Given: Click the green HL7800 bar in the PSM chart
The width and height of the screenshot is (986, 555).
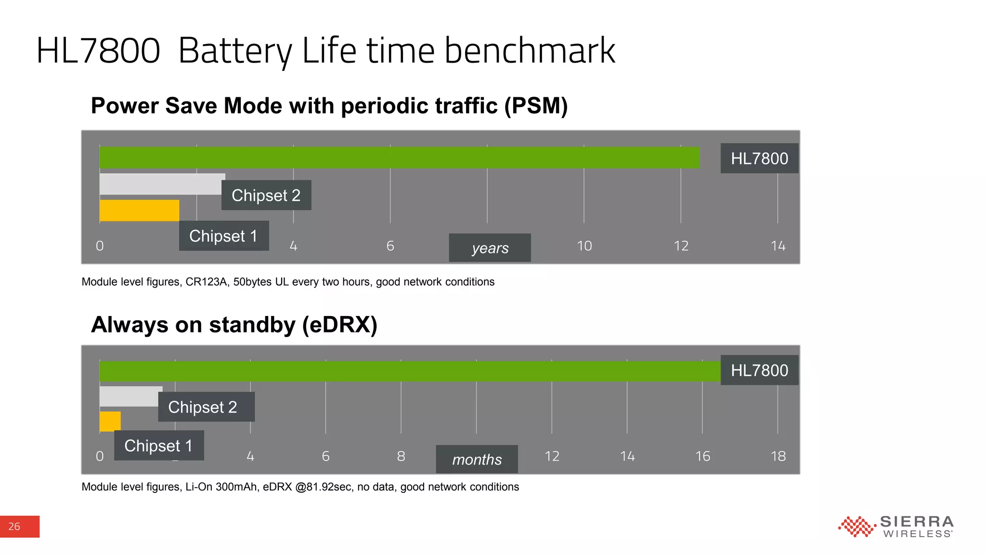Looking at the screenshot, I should click(x=399, y=158).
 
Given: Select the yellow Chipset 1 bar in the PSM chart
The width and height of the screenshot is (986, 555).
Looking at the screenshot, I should click(x=139, y=211).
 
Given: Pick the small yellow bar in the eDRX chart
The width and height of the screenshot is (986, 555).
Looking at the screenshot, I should click(x=110, y=421).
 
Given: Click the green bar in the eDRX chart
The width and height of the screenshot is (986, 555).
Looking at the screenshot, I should click(x=409, y=371).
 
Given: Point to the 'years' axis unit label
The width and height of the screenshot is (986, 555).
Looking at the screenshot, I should click(x=490, y=248).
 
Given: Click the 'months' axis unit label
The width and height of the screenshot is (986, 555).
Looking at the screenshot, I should click(x=477, y=459).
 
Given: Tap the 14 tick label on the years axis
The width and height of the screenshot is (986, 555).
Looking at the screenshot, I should click(x=778, y=246).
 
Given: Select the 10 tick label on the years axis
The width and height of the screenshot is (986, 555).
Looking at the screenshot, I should click(x=584, y=246).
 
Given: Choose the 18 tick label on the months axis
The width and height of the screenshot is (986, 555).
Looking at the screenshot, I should click(x=778, y=456).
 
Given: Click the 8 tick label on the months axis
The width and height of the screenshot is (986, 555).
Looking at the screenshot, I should click(x=401, y=456).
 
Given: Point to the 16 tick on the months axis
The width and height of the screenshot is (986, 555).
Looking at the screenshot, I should click(x=702, y=456).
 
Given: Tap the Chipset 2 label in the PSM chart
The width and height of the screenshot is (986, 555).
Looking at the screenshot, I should click(x=266, y=195).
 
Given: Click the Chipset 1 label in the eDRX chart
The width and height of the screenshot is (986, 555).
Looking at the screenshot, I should click(x=159, y=446).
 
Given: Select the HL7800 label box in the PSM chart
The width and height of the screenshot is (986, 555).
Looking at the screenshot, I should click(x=759, y=159).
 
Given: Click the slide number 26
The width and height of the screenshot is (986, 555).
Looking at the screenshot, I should click(x=14, y=527).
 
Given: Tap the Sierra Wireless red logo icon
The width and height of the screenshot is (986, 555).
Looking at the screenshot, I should click(x=856, y=527).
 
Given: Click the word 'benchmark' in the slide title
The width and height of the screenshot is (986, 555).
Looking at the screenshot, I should click(x=530, y=51).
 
